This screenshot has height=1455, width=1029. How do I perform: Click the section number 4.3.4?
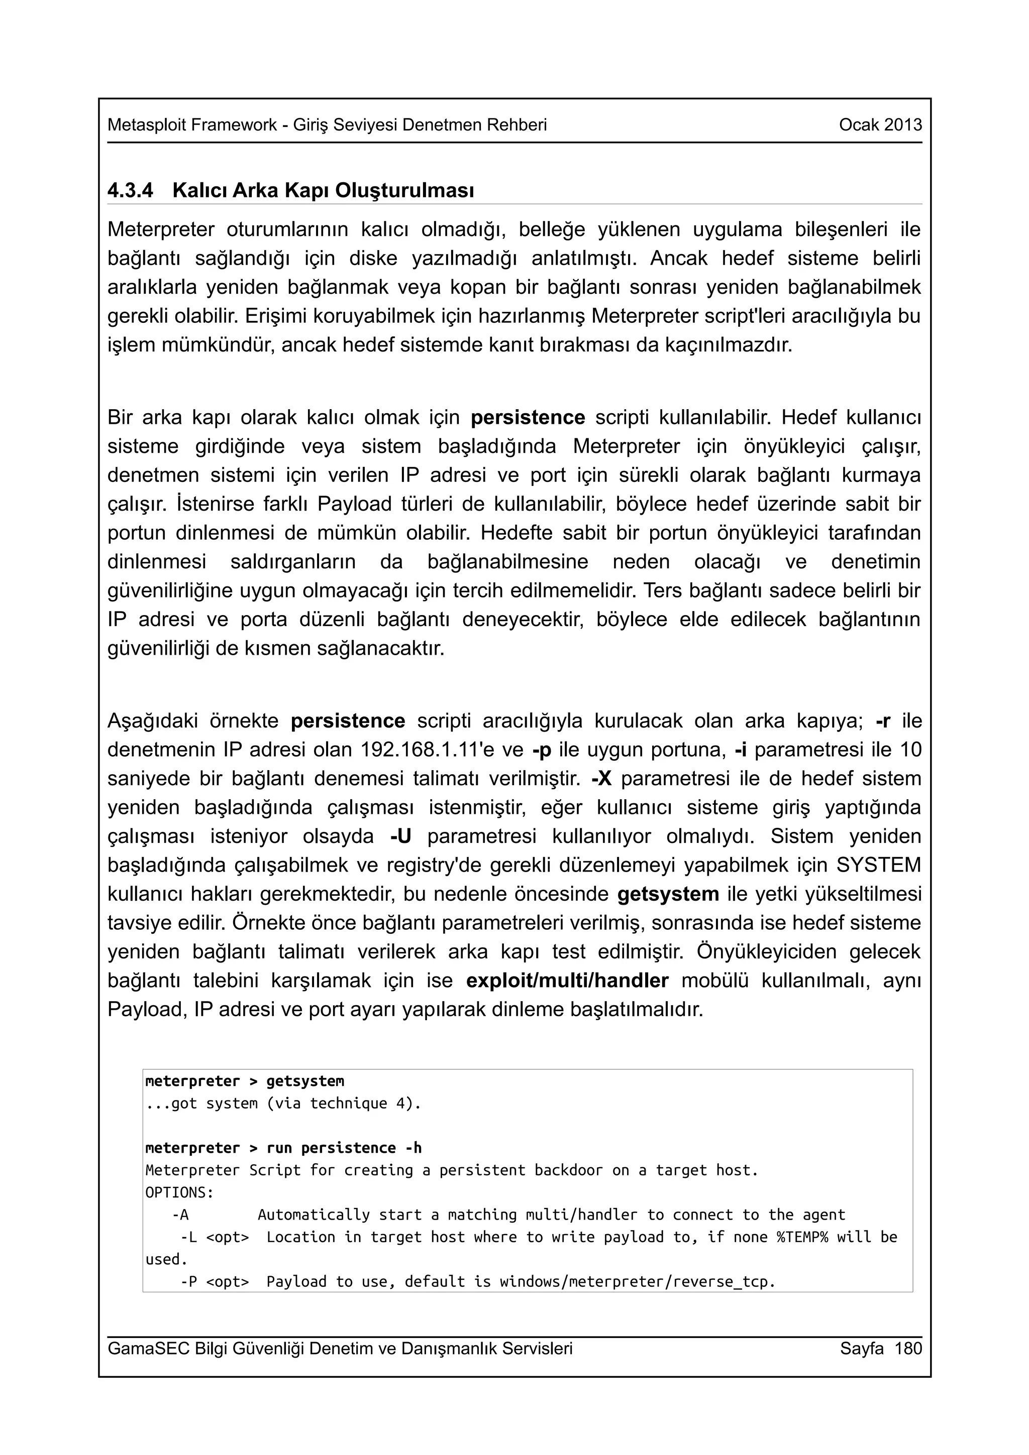tap(130, 190)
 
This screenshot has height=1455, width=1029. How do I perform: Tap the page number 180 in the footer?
tap(908, 1348)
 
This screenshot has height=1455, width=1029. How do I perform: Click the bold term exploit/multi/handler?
tap(567, 981)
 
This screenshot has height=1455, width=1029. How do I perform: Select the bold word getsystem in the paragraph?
tap(668, 894)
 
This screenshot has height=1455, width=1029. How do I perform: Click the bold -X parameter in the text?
tap(601, 778)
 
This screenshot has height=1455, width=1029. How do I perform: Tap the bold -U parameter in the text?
tap(400, 836)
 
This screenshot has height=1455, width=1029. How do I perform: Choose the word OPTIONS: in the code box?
tap(179, 1192)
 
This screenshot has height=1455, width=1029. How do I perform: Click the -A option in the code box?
tap(180, 1215)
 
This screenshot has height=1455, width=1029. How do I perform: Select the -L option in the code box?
tap(188, 1237)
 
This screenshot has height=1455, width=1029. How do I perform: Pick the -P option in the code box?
tap(188, 1281)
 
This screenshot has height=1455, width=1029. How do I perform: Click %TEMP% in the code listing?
tap(802, 1237)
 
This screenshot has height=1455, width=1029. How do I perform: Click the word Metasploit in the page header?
tap(146, 125)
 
